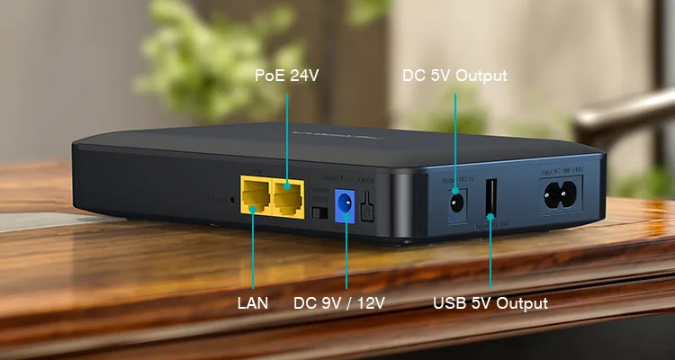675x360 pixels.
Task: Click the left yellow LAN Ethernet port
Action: point(254,198)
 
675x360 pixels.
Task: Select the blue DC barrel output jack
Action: point(344,202)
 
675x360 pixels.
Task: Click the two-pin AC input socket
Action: point(560,193)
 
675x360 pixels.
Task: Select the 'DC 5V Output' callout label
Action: point(454,76)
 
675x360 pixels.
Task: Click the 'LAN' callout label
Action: point(253,303)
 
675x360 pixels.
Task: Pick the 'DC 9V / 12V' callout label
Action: point(339,303)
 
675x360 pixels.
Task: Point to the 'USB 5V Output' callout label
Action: point(490,303)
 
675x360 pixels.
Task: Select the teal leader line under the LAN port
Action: point(253,252)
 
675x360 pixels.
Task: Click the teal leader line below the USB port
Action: point(490,256)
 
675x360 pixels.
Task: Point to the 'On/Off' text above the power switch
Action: point(367,179)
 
